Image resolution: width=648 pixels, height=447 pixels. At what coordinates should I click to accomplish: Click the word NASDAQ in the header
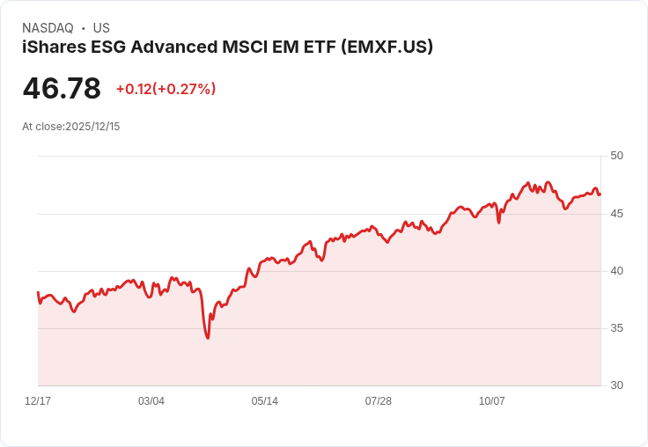[48, 28]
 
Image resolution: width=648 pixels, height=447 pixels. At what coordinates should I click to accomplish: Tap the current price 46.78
[62, 88]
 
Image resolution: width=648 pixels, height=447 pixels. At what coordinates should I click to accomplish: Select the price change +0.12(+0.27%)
[166, 89]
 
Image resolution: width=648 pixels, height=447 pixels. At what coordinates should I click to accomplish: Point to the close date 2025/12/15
[92, 127]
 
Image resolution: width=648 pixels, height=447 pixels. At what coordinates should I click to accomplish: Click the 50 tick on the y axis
[616, 156]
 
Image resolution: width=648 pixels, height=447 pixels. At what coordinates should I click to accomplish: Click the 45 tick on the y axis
[616, 214]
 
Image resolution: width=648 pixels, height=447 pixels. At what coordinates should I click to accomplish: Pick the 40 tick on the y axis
[616, 271]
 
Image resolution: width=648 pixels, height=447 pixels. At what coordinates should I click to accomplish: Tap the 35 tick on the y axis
[616, 328]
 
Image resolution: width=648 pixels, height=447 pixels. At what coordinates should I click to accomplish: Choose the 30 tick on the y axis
[616, 385]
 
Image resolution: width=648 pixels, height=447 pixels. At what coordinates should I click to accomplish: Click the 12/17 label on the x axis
[38, 401]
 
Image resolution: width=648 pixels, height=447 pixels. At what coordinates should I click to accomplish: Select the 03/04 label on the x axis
[151, 401]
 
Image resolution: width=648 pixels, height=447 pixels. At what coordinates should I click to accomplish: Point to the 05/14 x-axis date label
[265, 401]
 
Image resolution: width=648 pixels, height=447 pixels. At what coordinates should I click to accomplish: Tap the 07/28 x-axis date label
[379, 401]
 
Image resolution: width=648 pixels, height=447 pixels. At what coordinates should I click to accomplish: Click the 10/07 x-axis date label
[492, 401]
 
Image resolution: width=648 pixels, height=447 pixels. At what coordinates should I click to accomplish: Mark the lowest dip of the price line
[208, 338]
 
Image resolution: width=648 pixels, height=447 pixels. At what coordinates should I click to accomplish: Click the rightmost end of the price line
[600, 194]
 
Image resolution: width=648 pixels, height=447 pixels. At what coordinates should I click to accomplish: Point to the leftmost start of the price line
[38, 292]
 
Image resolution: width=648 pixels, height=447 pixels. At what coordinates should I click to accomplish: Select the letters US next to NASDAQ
[101, 28]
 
